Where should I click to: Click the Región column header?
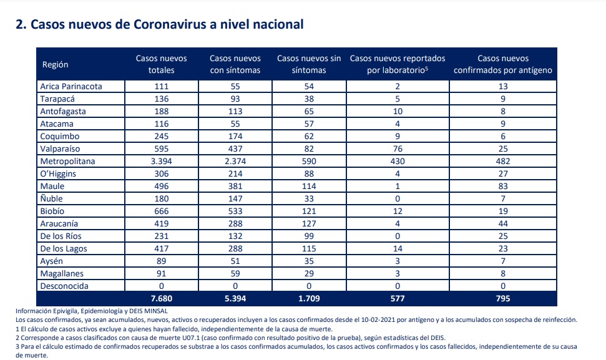coord(56,64)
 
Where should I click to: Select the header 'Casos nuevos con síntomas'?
coord(235,64)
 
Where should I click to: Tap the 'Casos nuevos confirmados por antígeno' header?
coord(503,64)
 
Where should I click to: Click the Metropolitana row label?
coord(67,161)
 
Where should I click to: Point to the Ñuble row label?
coord(51,198)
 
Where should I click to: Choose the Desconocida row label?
coord(64,286)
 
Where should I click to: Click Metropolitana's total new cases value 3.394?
coord(161,161)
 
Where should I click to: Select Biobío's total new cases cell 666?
coord(161,211)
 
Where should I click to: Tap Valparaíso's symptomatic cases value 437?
coord(235,148)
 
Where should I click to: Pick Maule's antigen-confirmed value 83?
coord(503,186)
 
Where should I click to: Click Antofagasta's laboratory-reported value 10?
coord(398,111)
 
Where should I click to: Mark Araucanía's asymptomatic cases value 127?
coord(309,223)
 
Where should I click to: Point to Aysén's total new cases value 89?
coord(161,261)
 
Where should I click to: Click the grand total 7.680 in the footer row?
coord(161,299)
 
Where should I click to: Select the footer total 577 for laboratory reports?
coord(398,299)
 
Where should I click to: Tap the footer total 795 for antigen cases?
coord(503,299)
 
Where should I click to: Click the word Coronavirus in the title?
coord(169,24)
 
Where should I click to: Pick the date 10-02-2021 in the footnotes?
coord(376,320)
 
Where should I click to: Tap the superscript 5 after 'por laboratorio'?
coord(426,68)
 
